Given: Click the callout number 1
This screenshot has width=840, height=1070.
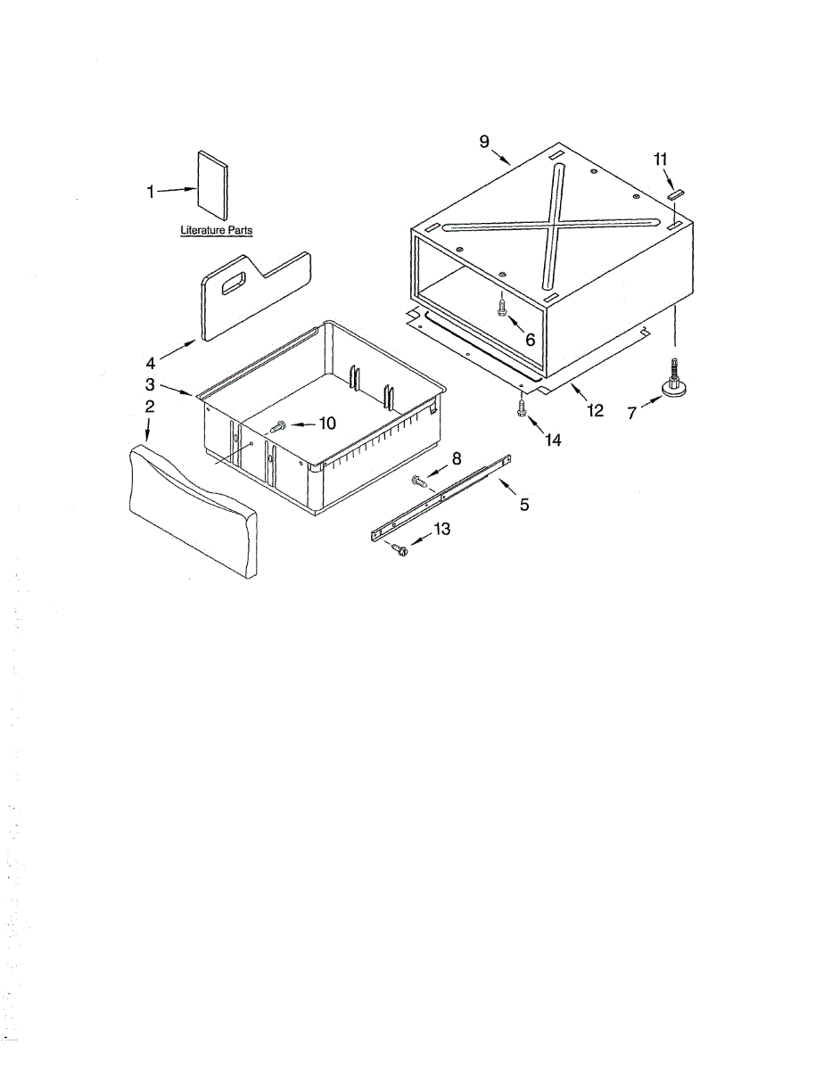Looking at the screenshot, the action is point(151,192).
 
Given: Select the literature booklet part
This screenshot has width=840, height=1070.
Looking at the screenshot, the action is point(212,185).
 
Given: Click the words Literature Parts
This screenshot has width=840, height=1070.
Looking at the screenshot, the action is point(216,230).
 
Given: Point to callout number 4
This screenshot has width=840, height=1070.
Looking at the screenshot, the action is point(151,363).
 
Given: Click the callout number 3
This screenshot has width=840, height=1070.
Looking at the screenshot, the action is point(151,384).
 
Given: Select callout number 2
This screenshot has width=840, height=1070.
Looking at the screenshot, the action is point(150,407).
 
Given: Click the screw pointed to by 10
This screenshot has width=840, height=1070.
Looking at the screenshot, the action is point(276,428).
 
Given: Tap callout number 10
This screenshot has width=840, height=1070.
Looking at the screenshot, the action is point(327,424).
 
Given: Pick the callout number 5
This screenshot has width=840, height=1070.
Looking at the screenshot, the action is point(524,505).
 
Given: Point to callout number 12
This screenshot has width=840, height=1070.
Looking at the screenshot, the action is point(594,410).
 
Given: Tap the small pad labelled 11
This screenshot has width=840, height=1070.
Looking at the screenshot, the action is point(675,193).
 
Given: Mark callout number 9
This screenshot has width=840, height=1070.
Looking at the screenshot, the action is point(484,141).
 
